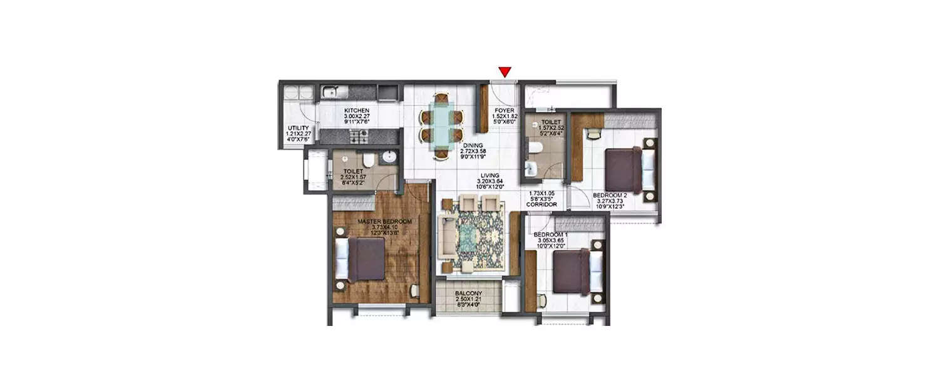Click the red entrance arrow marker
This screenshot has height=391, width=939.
coord(504,72)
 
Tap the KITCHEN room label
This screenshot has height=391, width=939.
coord(356,110)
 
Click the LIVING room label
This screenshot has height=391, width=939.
coord(490,176)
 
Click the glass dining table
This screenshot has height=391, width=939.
coord(442,125)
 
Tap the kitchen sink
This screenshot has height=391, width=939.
coord(331,93)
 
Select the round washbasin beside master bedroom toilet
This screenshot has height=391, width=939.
coord(389,156)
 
